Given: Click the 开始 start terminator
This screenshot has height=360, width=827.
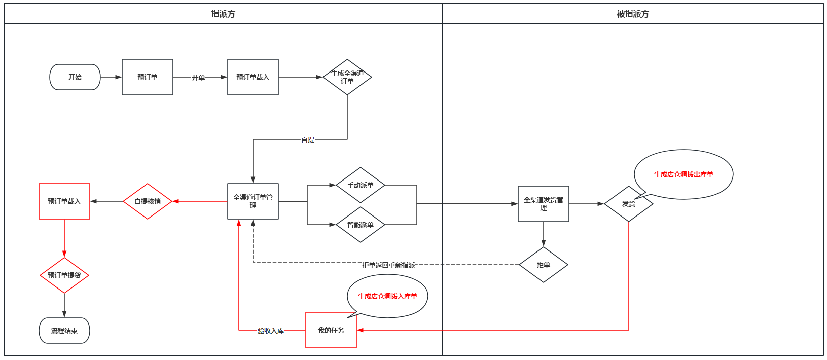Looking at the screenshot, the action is [75, 77].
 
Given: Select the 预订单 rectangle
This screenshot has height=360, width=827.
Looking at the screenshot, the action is [148, 77].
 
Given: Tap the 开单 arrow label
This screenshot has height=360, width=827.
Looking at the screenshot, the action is [198, 78].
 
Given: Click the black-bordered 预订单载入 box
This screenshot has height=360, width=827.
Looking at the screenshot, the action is [253, 77].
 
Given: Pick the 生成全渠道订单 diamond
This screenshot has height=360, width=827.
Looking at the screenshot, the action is [347, 77].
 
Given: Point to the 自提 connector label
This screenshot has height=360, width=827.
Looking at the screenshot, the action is [308, 140].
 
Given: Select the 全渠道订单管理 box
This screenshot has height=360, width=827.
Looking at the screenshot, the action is [253, 201].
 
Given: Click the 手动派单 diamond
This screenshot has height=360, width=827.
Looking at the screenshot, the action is [361, 185].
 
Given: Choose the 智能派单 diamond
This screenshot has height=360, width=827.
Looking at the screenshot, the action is [361, 225].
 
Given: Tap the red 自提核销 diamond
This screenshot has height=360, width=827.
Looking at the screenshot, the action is [148, 201].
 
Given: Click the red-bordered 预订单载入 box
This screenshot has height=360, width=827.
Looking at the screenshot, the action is [64, 201].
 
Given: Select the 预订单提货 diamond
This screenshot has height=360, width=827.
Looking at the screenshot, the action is [64, 275].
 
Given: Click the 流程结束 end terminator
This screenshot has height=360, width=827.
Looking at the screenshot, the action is [64, 331].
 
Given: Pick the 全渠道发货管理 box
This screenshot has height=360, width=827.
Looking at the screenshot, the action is [544, 204].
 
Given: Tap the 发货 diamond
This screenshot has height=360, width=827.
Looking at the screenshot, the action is [628, 204].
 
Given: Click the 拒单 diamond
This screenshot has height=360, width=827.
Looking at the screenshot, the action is [544, 265].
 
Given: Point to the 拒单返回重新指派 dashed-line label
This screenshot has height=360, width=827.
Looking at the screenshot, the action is [388, 265].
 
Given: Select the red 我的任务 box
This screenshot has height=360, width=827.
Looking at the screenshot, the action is [331, 330].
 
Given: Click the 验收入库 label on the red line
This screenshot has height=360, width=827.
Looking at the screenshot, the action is [271, 331].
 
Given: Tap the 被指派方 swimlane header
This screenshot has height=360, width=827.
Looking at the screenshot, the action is [632, 14].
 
